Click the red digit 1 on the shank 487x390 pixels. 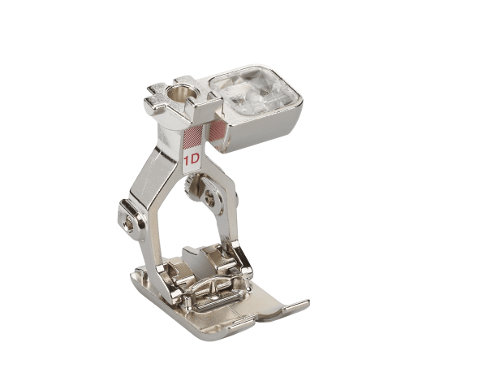tap(187, 161)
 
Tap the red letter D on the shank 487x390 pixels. tap(195, 159)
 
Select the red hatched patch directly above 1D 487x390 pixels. tap(193, 138)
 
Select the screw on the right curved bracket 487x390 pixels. tap(210, 199)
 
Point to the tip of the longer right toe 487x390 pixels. tap(308, 301)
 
